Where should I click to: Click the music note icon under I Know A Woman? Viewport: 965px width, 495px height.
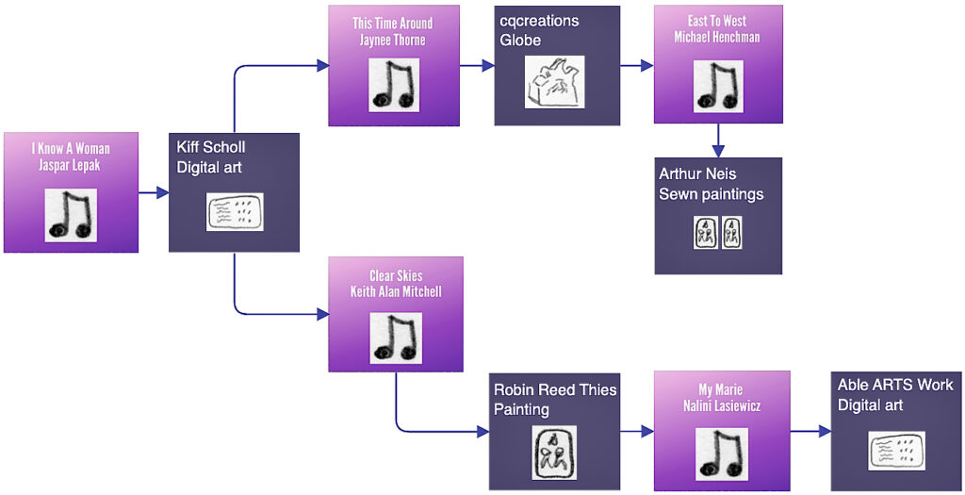[71, 215]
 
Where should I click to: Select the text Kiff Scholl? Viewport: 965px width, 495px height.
[211, 147]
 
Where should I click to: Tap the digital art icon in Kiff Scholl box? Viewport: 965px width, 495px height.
[234, 212]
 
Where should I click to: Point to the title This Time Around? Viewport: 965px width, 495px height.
[393, 24]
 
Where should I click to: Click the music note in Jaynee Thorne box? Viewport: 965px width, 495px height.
[393, 86]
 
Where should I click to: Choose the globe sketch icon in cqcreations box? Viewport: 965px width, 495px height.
[554, 83]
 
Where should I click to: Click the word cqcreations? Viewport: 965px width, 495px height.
[539, 21]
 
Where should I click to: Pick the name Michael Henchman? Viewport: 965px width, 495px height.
[717, 37]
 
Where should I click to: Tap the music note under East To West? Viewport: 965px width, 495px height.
[718, 87]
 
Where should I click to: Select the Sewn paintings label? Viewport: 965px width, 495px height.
[711, 194]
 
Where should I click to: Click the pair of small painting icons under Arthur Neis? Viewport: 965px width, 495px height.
[718, 233]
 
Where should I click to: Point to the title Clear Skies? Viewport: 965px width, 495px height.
[396, 275]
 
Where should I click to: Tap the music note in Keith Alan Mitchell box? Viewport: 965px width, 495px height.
[395, 338]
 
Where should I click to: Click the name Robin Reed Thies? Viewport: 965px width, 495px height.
[555, 389]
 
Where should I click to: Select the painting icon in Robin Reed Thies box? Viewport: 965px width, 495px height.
[554, 452]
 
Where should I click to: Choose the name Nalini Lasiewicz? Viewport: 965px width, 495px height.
[721, 405]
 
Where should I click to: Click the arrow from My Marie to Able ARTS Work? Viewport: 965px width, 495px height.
[810, 431]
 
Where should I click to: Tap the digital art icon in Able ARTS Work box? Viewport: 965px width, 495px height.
[895, 451]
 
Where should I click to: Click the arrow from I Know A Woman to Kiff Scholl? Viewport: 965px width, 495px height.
[154, 193]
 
